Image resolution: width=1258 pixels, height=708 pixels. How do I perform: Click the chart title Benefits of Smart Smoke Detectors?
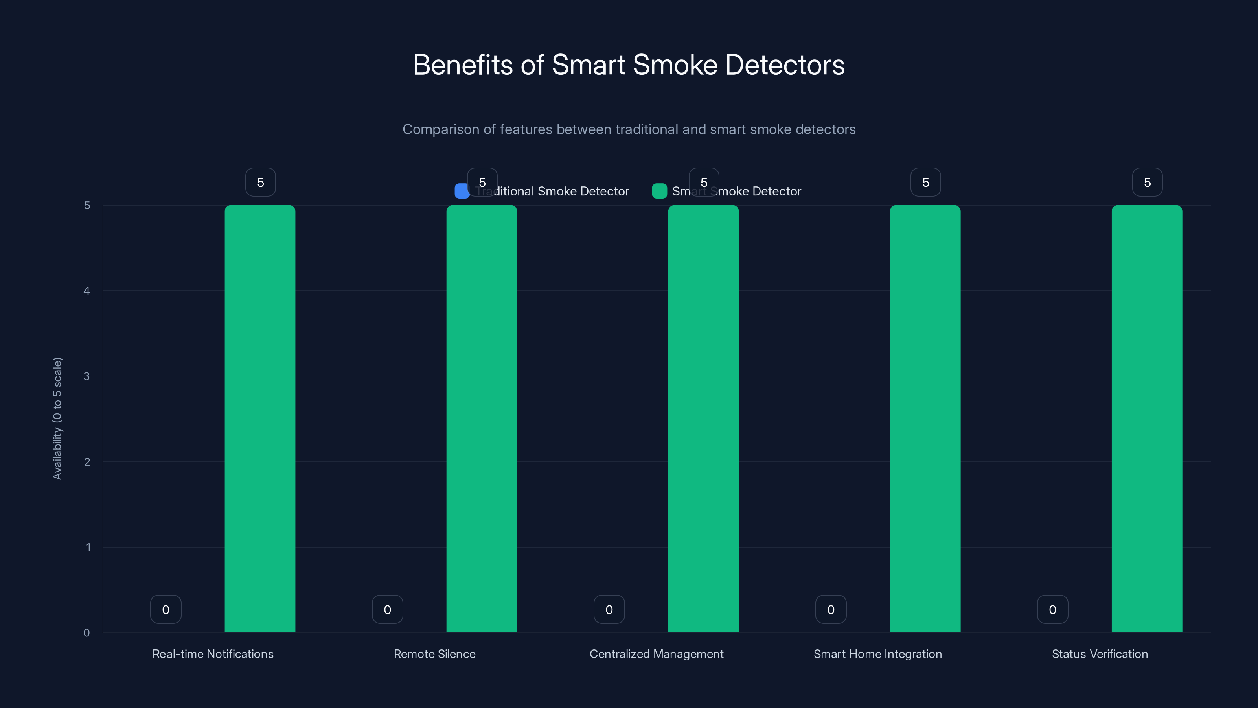click(x=629, y=65)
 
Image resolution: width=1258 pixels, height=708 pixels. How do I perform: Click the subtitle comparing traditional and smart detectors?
click(x=629, y=129)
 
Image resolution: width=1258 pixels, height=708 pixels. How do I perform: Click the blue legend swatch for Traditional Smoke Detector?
click(x=462, y=191)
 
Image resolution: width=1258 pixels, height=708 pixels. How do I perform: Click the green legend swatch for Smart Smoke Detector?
click(x=659, y=191)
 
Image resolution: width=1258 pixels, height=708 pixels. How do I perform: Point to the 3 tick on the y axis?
click(x=87, y=376)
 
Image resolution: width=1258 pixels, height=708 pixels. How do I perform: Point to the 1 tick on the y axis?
click(x=88, y=547)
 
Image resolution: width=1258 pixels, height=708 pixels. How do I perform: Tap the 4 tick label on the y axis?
click(x=87, y=291)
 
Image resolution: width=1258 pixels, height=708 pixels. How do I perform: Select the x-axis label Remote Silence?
click(x=434, y=654)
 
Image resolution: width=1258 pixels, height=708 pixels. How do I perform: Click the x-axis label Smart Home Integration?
click(x=877, y=654)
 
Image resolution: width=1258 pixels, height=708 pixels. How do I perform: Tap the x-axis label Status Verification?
click(x=1100, y=654)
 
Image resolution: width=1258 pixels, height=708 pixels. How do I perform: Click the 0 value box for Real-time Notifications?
click(x=166, y=609)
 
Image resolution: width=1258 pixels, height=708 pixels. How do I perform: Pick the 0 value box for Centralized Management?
click(x=609, y=609)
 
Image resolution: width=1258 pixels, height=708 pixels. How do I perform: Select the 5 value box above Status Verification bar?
click(x=1147, y=182)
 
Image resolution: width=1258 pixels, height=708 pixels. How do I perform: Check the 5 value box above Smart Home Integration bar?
click(x=925, y=182)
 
